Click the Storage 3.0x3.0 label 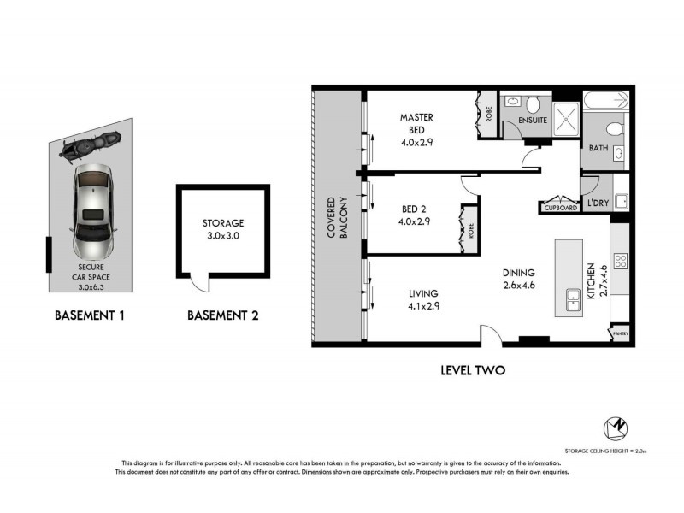coord(223,228)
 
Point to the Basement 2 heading coord(222,315)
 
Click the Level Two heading coord(473,370)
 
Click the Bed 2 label coord(416,214)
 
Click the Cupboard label coord(559,207)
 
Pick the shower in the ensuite coord(564,120)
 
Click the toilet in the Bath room coord(613,130)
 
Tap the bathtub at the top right coord(608,100)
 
